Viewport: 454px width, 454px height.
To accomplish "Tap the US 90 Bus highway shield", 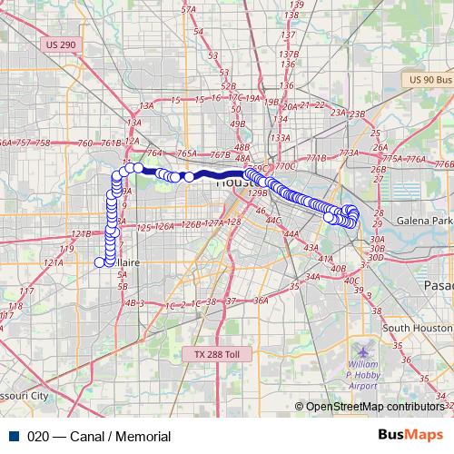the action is [x=430, y=80].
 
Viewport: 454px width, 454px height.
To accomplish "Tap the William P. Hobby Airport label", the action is [x=363, y=373].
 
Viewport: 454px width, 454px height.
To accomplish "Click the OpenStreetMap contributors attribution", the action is [x=374, y=407].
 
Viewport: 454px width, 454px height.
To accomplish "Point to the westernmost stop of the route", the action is [x=100, y=262].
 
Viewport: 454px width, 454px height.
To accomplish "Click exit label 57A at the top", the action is [x=189, y=9].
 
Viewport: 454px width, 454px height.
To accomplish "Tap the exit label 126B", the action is [x=191, y=224].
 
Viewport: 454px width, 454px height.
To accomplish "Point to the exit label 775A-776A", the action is [x=405, y=159].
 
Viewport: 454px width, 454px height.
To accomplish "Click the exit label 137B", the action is [x=291, y=54].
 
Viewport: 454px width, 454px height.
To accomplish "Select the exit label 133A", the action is [x=280, y=138].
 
